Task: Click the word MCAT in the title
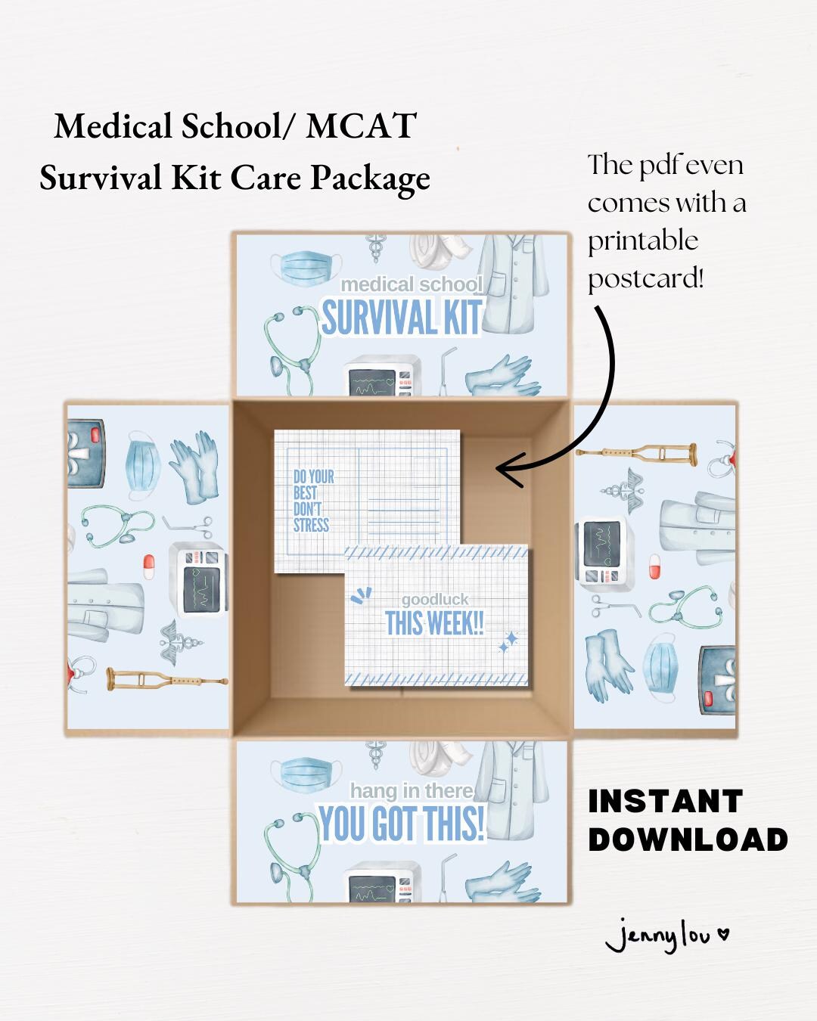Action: pos(361,126)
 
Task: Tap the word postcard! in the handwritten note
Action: pos(646,279)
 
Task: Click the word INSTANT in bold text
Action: pos(666,802)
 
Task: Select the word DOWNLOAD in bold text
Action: pos(688,840)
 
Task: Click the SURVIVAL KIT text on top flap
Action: pos(401,318)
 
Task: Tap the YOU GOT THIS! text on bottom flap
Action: pos(401,824)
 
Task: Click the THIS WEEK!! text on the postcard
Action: pos(434,624)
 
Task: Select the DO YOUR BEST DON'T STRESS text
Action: pos(312,501)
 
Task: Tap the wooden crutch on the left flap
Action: pos(166,678)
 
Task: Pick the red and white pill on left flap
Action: pos(149,566)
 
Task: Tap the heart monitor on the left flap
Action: pos(197,579)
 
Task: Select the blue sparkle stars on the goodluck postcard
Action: pos(508,642)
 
